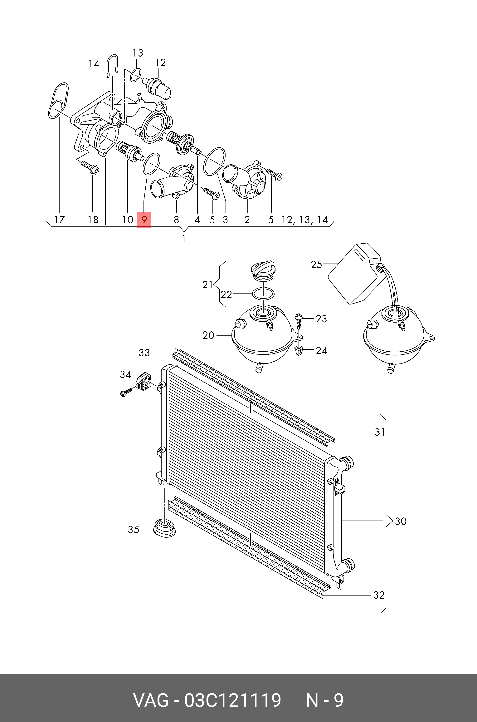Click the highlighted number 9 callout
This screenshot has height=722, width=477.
click(x=144, y=220)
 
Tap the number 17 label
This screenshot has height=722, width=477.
click(x=59, y=220)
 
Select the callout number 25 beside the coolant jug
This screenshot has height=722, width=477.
click(x=316, y=264)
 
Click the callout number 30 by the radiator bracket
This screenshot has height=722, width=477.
click(x=400, y=521)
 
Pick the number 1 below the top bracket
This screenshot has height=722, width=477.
click(x=184, y=239)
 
